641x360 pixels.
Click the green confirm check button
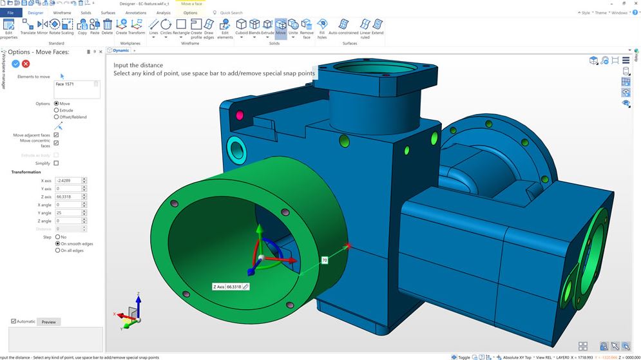click(x=15, y=64)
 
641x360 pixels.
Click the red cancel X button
click(x=26, y=64)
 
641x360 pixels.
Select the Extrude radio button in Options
click(x=57, y=110)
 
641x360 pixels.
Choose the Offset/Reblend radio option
click(x=57, y=117)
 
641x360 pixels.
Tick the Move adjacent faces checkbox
click(x=56, y=135)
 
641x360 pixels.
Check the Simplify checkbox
click(x=56, y=164)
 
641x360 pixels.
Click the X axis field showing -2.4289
click(x=68, y=180)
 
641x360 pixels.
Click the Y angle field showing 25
click(x=68, y=213)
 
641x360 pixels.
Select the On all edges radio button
click(x=57, y=251)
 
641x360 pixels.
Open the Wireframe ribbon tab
click(x=62, y=12)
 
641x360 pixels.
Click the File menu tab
click(x=10, y=12)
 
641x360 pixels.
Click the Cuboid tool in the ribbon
click(x=241, y=27)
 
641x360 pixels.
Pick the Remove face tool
click(x=307, y=27)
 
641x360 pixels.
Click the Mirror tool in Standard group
click(x=43, y=27)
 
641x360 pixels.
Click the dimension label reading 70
click(x=324, y=260)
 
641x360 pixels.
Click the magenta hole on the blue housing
click(x=240, y=115)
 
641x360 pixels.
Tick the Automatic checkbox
click(x=14, y=321)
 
